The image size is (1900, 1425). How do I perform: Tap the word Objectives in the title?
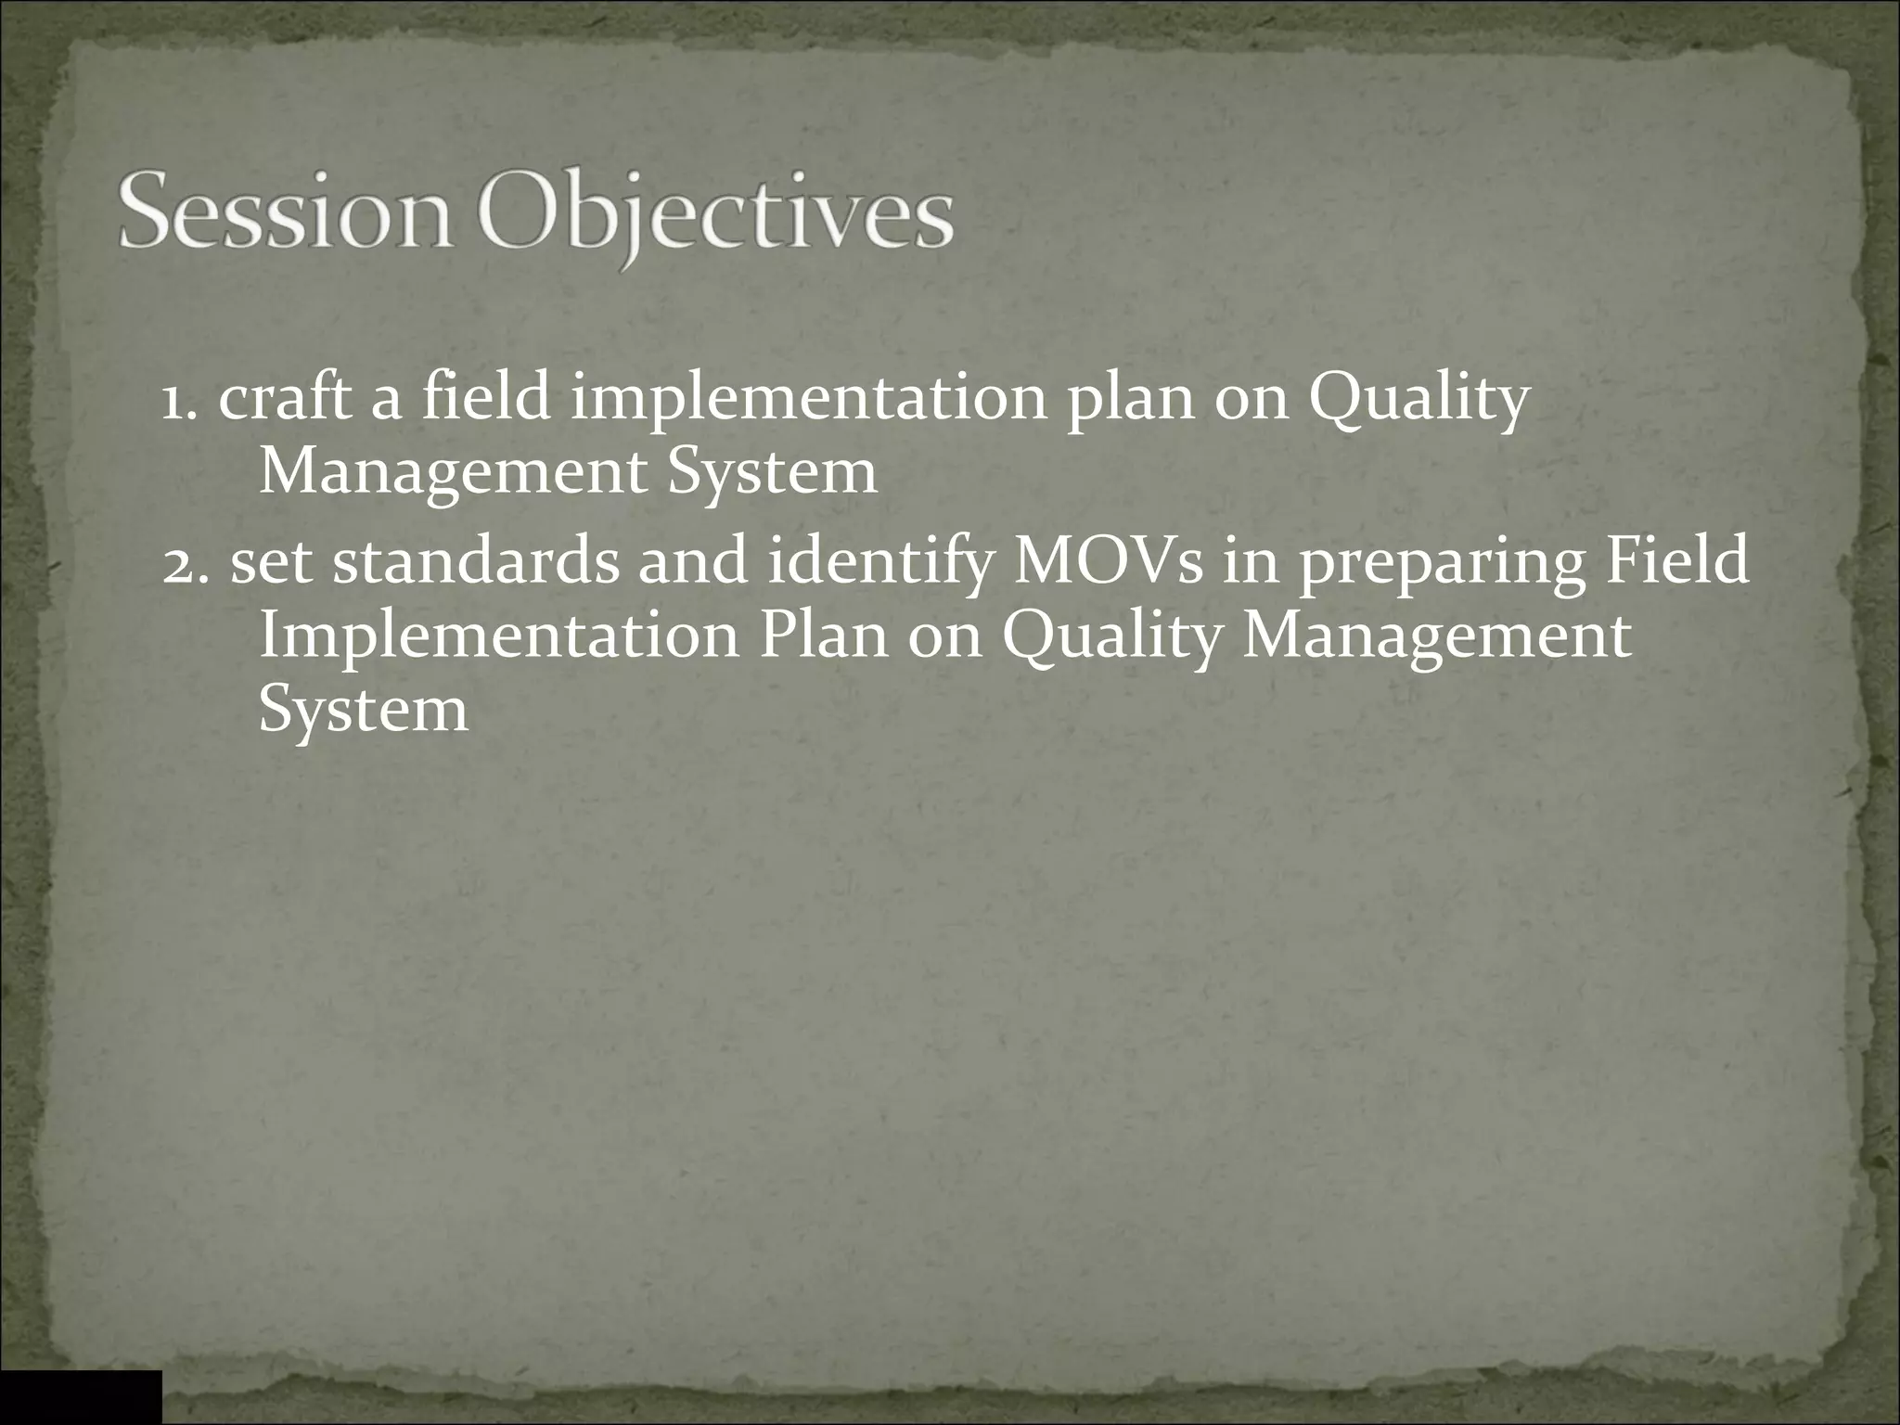(x=714, y=218)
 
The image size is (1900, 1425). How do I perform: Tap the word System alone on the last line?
(x=363, y=711)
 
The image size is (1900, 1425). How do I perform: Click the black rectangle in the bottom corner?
(x=80, y=1396)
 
